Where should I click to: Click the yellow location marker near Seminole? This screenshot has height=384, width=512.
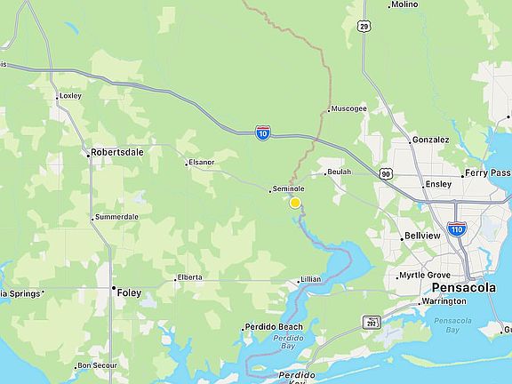(x=295, y=203)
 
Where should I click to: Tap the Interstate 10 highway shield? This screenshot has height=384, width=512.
(x=263, y=132)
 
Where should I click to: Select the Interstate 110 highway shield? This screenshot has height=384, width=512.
(x=457, y=228)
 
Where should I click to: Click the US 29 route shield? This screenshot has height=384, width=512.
(x=364, y=27)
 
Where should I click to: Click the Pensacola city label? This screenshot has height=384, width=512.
(x=463, y=289)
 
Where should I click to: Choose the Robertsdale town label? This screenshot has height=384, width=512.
(x=119, y=153)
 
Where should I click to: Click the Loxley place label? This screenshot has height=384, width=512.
(x=69, y=96)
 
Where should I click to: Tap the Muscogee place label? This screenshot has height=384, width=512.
(x=348, y=109)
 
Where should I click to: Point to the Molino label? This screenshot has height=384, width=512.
(x=404, y=4)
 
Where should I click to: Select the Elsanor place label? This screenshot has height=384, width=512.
(x=202, y=163)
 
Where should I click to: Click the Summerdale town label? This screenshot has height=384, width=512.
(x=116, y=217)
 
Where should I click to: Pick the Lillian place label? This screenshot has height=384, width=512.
(x=310, y=279)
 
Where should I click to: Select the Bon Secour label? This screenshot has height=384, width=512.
(x=98, y=365)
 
